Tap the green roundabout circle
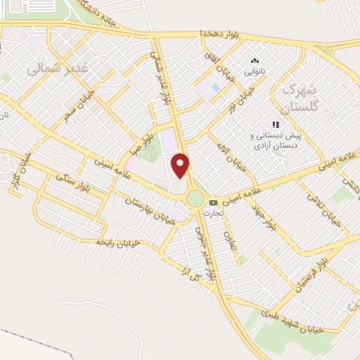point(195,199)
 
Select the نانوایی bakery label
point(255,72)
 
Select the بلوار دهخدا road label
point(221,33)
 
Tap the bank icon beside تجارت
point(213,202)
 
